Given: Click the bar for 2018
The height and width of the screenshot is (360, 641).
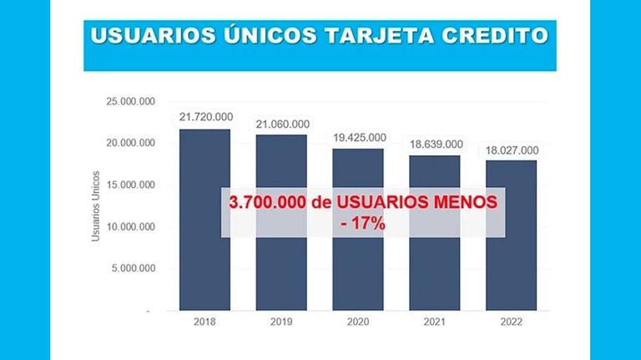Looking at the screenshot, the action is [204, 220].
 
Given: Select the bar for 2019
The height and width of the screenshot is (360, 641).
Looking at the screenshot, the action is [281, 222].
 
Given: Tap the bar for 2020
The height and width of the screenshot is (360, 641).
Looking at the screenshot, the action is [358, 230].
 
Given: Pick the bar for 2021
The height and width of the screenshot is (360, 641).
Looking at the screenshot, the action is [435, 233].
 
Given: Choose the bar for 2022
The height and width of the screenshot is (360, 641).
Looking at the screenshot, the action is [512, 236].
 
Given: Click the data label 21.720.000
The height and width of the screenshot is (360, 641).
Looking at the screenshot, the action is [206, 117].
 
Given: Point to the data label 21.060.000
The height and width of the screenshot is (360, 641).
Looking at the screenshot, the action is [283, 124].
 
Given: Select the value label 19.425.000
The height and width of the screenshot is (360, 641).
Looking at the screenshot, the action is [360, 138].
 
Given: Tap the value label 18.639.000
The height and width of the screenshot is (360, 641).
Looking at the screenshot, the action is [437, 145].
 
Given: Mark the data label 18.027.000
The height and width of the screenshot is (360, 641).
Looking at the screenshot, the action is [512, 150].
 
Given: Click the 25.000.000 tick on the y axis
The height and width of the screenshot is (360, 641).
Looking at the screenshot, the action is [131, 101].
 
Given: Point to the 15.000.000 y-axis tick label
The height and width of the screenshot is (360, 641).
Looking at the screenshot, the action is [131, 185].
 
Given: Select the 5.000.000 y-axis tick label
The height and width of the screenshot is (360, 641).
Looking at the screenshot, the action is [134, 268].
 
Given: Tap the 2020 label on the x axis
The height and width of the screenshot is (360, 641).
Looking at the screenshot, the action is [358, 322].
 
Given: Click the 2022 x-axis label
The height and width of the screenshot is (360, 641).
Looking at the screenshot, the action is [512, 322].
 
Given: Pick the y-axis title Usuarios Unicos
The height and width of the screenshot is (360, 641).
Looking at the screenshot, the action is [96, 206].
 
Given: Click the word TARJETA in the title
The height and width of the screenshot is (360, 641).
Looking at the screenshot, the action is [380, 36].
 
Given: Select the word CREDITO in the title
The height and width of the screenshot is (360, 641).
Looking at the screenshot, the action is [495, 36].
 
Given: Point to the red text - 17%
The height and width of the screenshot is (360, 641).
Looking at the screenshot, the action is [363, 224].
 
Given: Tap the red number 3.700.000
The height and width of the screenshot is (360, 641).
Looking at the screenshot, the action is [267, 202].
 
